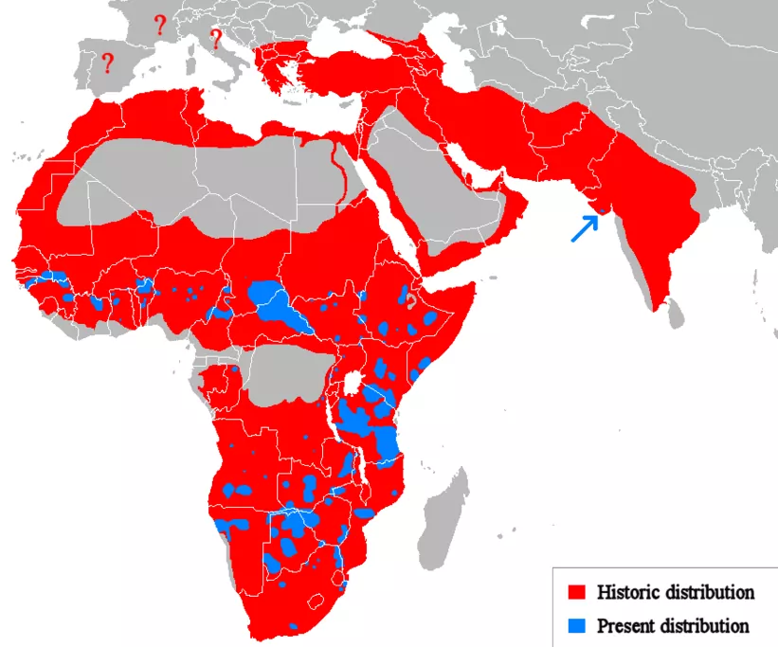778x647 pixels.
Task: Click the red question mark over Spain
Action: [108, 63]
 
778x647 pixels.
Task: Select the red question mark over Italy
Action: [215, 39]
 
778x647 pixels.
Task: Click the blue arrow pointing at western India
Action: [584, 228]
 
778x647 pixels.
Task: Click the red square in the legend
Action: [574, 593]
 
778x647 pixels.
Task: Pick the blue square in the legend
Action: [574, 626]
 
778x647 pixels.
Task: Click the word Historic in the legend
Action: [628, 593]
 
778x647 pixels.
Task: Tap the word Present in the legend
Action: [626, 626]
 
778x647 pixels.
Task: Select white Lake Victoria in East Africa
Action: [356, 384]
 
